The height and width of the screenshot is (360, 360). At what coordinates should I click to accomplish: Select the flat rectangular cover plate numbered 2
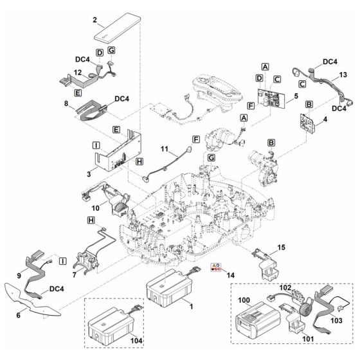(x=117, y=29)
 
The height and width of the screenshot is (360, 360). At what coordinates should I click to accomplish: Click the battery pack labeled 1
(x=168, y=286)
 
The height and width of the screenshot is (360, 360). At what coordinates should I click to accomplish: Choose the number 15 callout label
(x=280, y=248)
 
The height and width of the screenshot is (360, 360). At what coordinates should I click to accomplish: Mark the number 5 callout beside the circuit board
(x=295, y=97)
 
